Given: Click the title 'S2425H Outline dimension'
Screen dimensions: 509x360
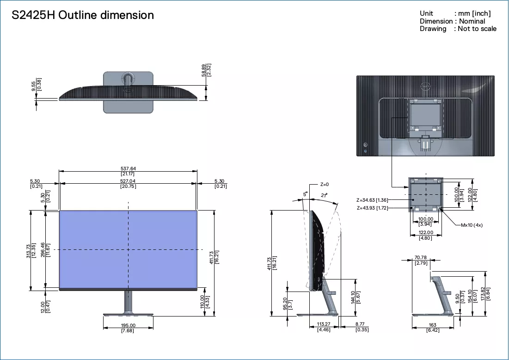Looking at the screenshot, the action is click(x=83, y=15).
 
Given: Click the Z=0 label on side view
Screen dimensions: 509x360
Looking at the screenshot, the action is click(x=324, y=185).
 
